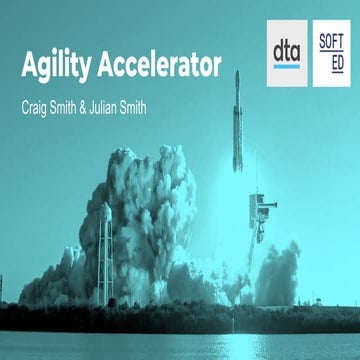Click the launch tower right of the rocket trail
258,215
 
